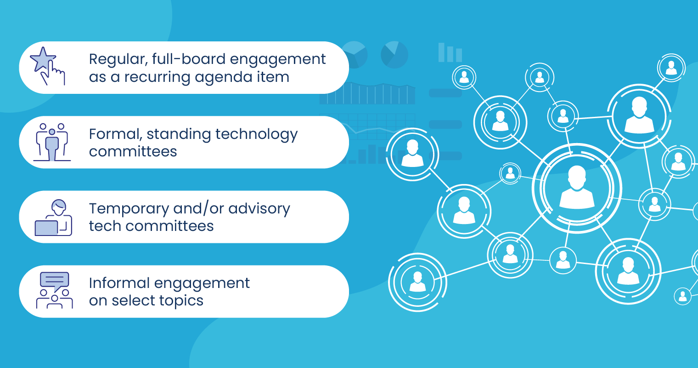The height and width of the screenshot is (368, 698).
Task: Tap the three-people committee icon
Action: [x=52, y=142]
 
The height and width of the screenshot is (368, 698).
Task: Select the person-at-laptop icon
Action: [x=53, y=218]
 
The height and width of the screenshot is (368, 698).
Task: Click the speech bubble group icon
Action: [x=54, y=290]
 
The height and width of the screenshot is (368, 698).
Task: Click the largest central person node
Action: [x=577, y=188]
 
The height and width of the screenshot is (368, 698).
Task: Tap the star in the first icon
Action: [x=42, y=59]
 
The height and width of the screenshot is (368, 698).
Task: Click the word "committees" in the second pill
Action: [x=133, y=151]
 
